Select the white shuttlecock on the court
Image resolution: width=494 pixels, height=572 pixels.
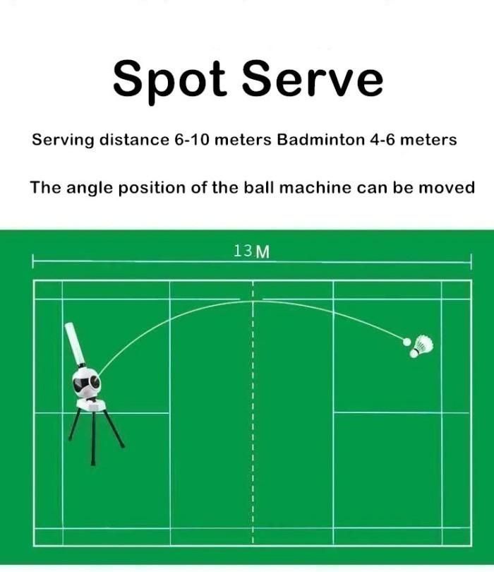[421, 345]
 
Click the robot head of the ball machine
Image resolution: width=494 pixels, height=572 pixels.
[87, 382]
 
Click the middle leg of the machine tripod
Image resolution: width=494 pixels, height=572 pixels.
[93, 438]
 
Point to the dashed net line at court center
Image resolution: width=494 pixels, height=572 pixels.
[253, 424]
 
